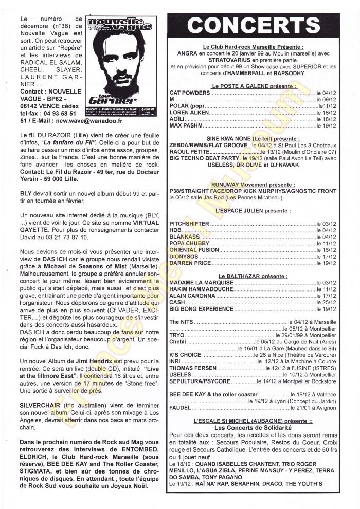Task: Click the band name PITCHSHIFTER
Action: tap(189, 224)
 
